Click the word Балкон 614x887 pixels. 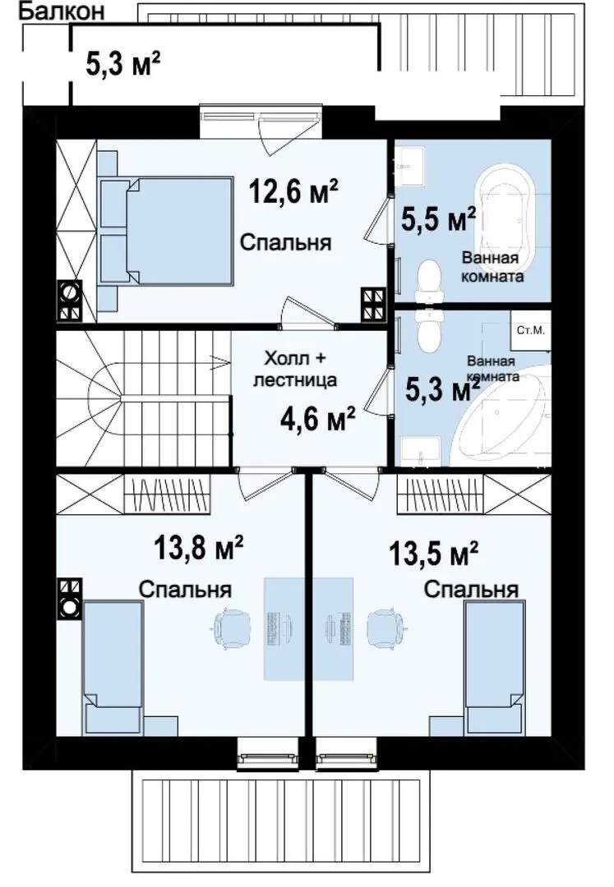click(62, 11)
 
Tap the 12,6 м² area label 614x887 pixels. click(293, 191)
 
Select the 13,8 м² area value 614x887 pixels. click(199, 548)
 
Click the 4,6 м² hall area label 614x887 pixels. click(317, 419)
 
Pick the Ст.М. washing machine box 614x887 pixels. click(531, 330)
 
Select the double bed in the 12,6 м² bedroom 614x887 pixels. click(167, 232)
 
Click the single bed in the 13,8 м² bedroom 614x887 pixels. click(113, 669)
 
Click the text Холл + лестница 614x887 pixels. click(295, 370)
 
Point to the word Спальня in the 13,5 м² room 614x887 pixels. click(471, 590)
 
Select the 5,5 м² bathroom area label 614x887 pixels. click(437, 219)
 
